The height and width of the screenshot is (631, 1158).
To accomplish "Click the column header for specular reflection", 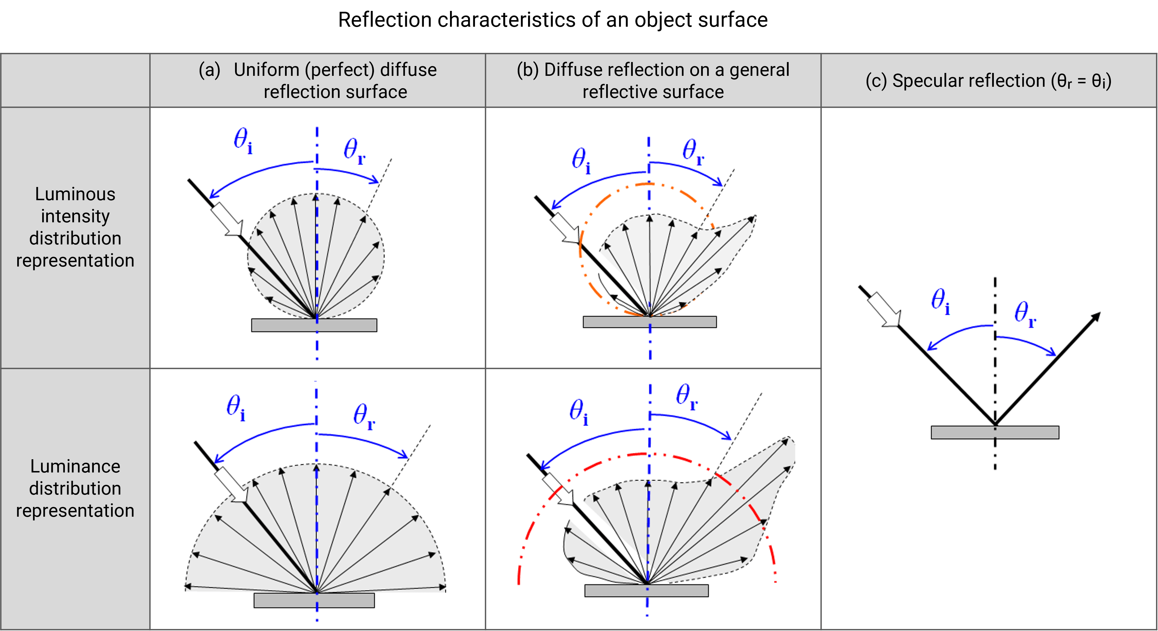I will [988, 81].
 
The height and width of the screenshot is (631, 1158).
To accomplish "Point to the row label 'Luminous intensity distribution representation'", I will [75, 227].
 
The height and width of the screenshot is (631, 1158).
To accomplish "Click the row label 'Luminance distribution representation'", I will [75, 489].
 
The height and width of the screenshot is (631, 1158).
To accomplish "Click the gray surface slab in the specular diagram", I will [995, 432].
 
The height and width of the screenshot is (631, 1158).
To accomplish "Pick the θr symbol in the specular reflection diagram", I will [1025, 314].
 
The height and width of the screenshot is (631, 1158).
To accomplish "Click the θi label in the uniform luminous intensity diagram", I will [243, 140].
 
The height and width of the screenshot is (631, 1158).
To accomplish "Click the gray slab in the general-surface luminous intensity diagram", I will [649, 322].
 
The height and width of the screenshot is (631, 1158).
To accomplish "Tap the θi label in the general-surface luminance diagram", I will [579, 412].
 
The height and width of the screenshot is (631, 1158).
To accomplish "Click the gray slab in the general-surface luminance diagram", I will [646, 591].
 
